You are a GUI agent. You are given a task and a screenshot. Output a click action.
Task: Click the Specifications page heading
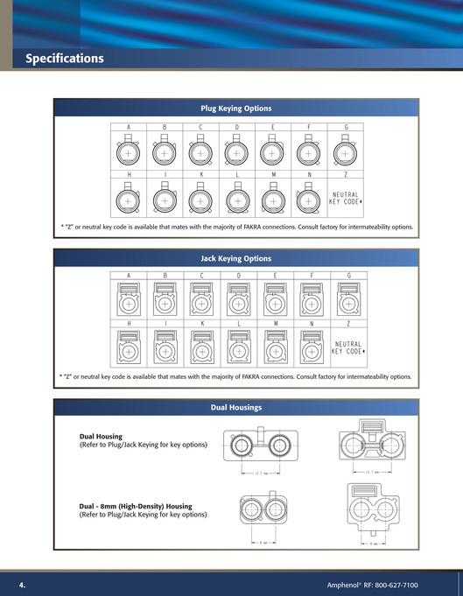(65, 59)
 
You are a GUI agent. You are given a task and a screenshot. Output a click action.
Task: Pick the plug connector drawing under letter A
(128, 154)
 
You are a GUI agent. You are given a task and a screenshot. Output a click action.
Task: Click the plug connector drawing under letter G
(346, 154)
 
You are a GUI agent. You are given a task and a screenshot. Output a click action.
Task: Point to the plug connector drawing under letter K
(200, 200)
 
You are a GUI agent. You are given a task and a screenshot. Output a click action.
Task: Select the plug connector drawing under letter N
(308, 200)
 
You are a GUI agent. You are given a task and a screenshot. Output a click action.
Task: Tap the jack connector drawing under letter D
(236, 303)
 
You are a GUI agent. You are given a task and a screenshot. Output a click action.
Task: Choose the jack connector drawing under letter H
(128, 350)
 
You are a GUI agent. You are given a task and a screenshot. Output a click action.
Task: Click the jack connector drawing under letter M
(273, 350)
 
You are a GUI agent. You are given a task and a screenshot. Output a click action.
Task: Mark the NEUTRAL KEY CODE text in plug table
(346, 199)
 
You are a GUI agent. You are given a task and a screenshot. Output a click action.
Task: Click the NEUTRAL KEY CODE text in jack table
(347, 347)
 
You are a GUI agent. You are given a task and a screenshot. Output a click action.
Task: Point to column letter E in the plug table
(272, 128)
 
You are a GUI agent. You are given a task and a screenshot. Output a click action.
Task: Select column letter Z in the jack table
(347, 323)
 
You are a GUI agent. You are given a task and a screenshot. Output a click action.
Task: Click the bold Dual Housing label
(101, 436)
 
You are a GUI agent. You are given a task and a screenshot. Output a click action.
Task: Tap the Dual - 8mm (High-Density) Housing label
(136, 506)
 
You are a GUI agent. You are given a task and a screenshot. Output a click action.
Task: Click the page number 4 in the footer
(23, 584)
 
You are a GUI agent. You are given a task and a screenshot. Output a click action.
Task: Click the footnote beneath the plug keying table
(236, 227)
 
